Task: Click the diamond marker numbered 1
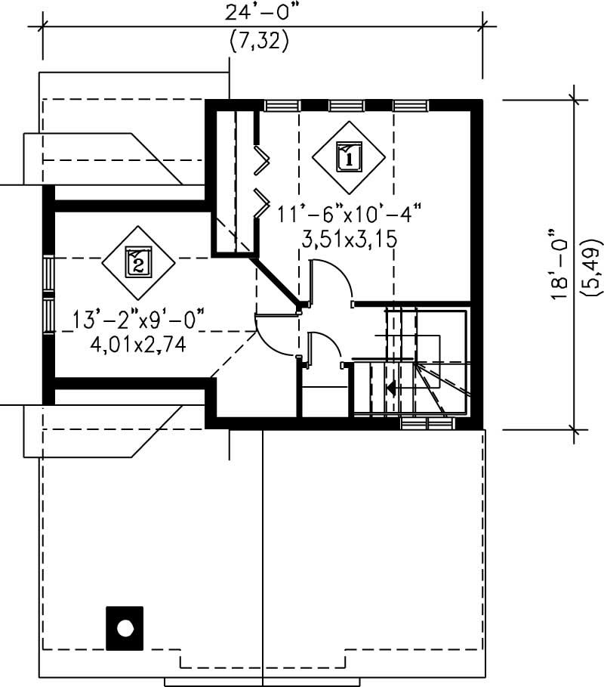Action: pos(348,157)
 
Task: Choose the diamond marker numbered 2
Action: pos(139,262)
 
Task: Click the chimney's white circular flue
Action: pos(125,628)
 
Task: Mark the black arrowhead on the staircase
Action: pos(391,388)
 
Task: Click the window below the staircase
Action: pos(427,424)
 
